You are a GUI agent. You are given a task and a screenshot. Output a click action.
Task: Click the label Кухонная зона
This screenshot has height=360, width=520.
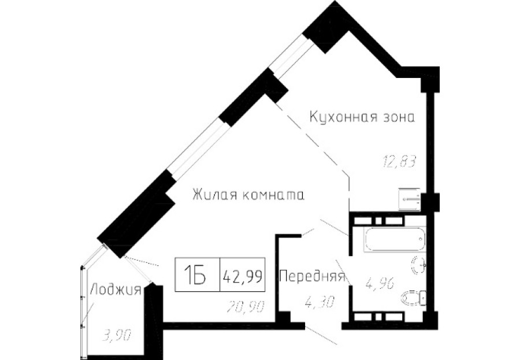362,117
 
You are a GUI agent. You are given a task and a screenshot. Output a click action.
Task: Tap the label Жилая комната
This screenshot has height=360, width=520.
248,195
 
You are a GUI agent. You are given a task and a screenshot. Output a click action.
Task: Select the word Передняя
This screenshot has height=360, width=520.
312,277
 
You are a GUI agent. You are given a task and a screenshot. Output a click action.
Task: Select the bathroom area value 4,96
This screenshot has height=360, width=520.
378,283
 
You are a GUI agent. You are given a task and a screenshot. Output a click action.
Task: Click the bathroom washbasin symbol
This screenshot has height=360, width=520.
419,265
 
